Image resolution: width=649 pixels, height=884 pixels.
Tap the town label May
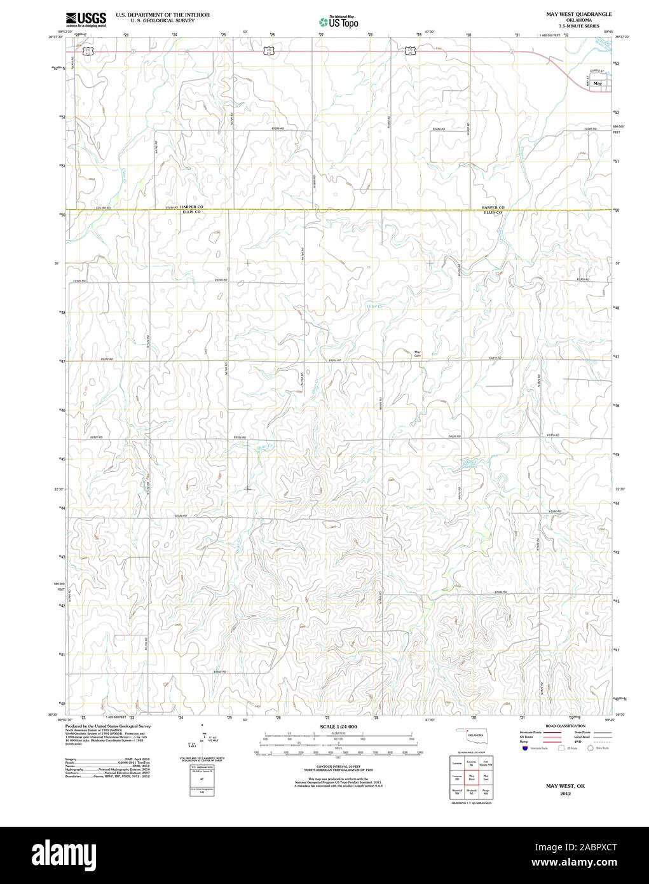click(597, 84)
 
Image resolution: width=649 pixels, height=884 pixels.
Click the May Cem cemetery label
click(418, 354)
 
